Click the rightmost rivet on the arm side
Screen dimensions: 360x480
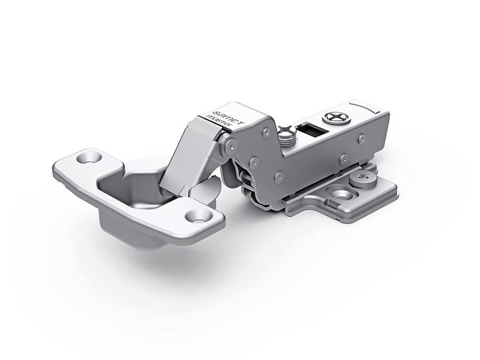[x=361, y=140]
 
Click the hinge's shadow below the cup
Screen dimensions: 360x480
[x=150, y=264]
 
